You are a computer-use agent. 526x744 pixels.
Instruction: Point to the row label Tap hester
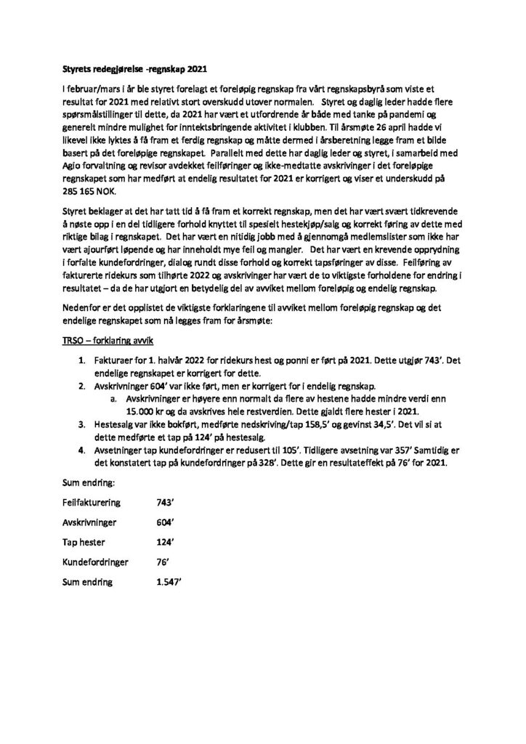point(81,541)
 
